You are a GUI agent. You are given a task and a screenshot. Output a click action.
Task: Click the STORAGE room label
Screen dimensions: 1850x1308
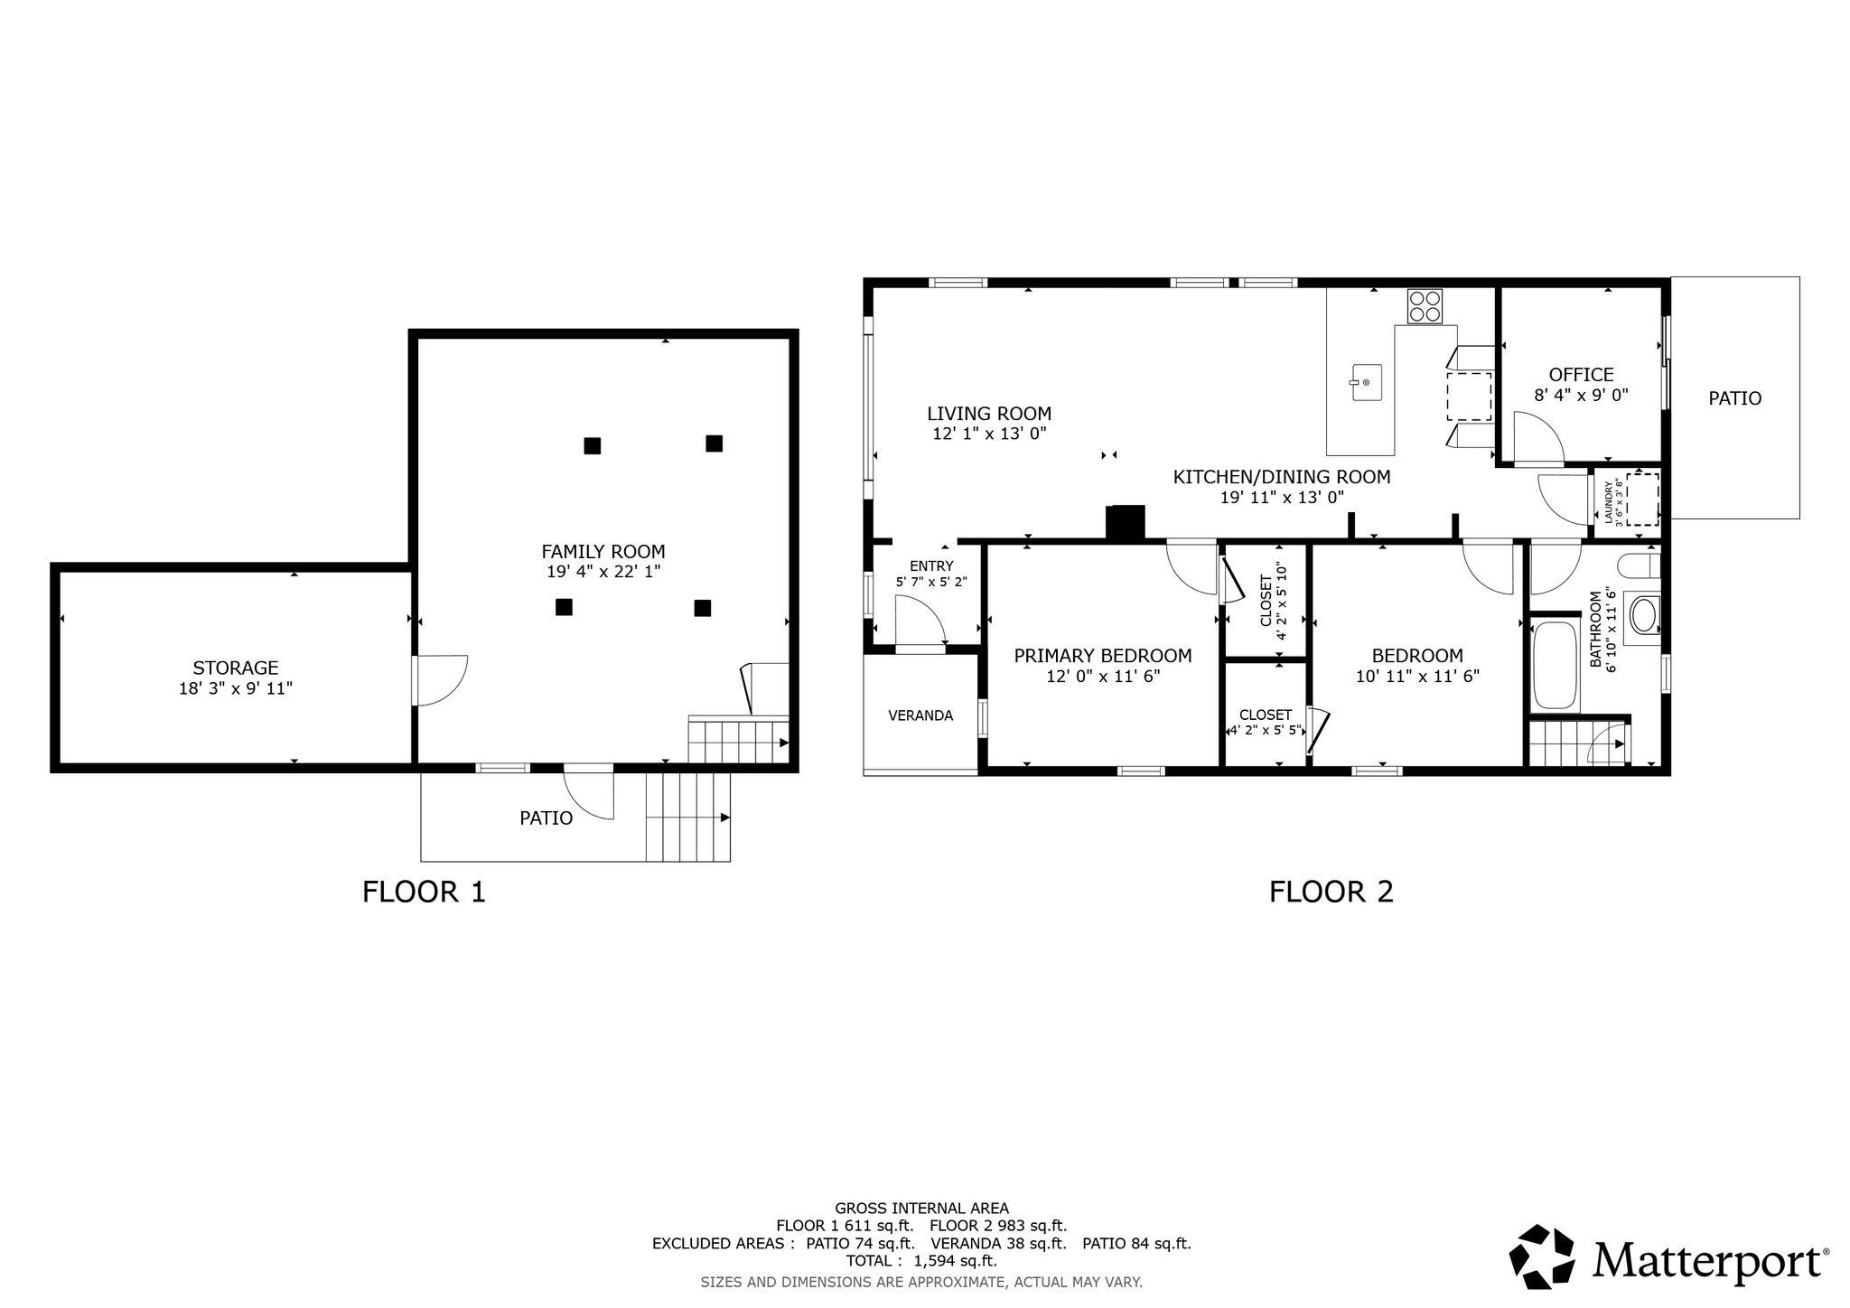[236, 668]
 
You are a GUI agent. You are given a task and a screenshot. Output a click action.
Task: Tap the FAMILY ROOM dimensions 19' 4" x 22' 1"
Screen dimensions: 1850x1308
[603, 571]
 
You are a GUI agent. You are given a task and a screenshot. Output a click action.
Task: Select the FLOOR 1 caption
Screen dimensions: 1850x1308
[424, 892]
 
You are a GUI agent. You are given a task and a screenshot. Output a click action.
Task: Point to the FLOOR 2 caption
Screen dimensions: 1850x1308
[1331, 892]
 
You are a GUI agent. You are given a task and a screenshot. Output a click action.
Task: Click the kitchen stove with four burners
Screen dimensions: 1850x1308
[1425, 305]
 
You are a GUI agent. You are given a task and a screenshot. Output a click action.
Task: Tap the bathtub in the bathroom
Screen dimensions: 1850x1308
[1556, 665]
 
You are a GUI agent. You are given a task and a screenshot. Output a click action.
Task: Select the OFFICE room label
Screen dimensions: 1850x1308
[1581, 375]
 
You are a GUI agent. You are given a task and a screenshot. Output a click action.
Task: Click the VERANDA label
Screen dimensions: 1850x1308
[920, 715]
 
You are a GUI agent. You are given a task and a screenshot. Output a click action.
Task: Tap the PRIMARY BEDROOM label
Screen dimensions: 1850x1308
[1103, 656]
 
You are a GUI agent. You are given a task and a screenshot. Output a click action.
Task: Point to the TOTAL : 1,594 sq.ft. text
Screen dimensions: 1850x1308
[921, 1261]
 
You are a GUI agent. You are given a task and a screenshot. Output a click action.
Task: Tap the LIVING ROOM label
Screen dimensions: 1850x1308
[989, 414]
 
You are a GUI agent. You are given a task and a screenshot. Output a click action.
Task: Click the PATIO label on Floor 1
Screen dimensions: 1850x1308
[546, 818]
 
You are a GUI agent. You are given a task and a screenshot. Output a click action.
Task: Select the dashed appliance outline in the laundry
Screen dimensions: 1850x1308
[1642, 498]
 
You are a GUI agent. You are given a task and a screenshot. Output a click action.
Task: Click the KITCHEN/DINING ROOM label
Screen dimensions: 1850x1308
[1282, 477]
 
